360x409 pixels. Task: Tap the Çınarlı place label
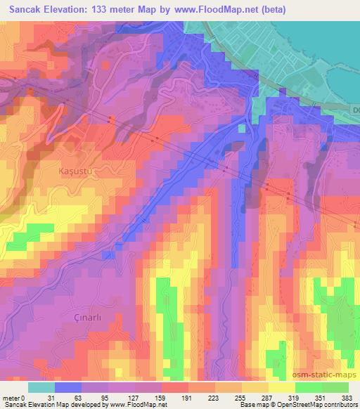(x=89, y=318)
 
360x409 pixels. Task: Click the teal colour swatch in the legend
(x=41, y=387)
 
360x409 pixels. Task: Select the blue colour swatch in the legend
(x=67, y=387)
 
